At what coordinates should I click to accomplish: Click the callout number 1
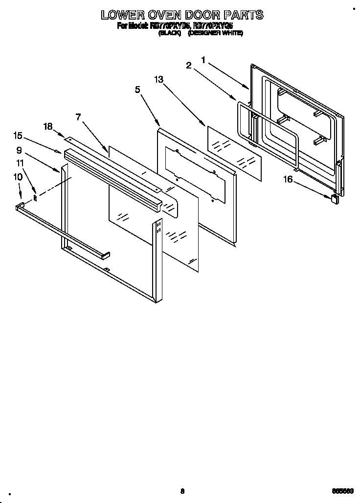[203, 60]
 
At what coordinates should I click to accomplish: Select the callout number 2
[189, 66]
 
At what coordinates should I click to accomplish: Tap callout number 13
[158, 80]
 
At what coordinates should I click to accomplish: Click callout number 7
[78, 117]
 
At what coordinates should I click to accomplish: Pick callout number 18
[47, 126]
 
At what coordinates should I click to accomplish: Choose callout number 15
[18, 136]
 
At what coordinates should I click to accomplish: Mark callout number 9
[19, 150]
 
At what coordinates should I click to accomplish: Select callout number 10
[18, 177]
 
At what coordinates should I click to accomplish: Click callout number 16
[288, 180]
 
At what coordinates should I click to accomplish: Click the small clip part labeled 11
[35, 197]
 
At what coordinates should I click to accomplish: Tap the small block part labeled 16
[335, 198]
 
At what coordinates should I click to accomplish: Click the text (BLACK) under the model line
[170, 33]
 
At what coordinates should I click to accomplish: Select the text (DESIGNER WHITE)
[216, 33]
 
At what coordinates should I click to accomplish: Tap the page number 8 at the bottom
[182, 491]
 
